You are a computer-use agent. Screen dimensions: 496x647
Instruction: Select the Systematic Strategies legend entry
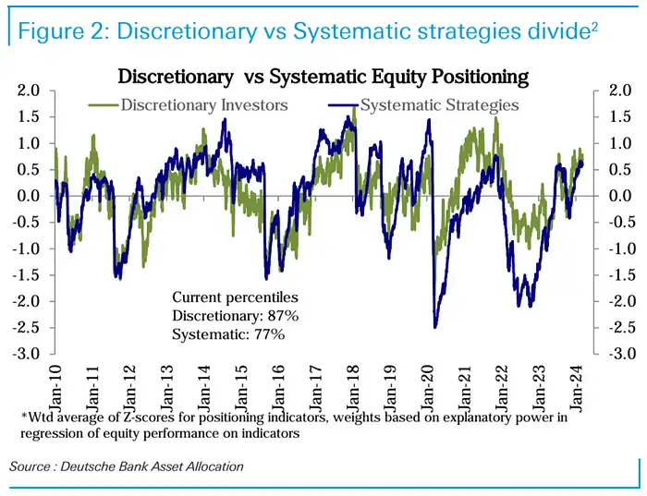438,104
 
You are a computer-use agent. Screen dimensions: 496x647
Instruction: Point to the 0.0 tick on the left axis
29,196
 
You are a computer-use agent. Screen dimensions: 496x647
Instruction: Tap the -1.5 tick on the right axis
616,275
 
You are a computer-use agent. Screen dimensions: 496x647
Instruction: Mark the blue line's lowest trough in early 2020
434,325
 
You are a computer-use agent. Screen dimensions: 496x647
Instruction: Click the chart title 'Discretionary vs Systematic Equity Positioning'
323,75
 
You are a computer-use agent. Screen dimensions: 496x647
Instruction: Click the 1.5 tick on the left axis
29,117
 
